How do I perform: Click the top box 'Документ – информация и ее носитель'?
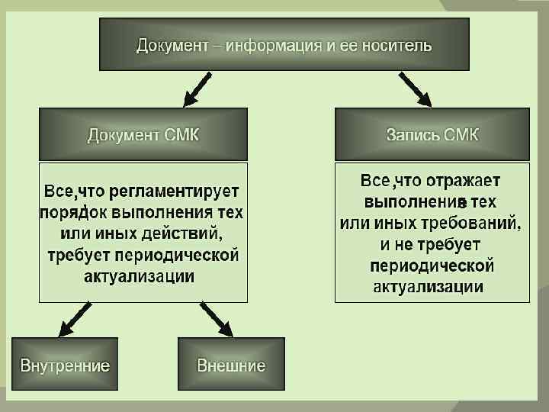(284, 45)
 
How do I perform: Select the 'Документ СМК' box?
(143, 135)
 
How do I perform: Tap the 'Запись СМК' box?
(432, 135)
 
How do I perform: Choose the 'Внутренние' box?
(65, 365)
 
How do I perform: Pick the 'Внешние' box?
(231, 365)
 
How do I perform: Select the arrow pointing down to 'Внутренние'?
(75, 319)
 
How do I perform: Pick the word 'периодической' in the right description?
(432, 266)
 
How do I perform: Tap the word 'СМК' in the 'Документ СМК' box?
(181, 135)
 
